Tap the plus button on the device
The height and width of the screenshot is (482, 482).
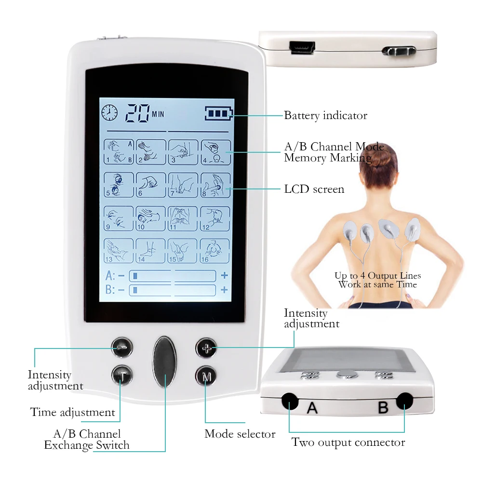pos(206,348)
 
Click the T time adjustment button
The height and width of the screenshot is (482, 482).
pos(122,375)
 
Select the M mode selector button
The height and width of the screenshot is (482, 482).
pos(206,376)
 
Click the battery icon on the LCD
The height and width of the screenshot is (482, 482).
pos(219,113)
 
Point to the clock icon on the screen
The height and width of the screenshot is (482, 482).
pos(109,113)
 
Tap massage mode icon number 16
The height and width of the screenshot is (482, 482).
pos(215,251)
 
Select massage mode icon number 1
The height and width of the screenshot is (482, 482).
pos(119,152)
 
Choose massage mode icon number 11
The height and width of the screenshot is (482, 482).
pos(183,218)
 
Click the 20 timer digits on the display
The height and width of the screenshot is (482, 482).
pos(137,113)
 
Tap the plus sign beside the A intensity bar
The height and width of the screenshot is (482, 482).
pos(225,275)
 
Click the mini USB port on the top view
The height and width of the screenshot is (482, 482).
pos(302,48)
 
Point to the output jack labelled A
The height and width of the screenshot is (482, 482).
pos(290,401)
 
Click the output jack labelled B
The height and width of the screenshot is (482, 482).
pos(404,401)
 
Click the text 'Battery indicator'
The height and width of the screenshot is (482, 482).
pos(325,116)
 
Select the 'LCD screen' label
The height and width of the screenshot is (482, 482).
pos(314,189)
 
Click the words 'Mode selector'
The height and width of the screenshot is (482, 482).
pos(240,434)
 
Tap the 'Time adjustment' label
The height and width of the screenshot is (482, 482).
pos(73,412)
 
